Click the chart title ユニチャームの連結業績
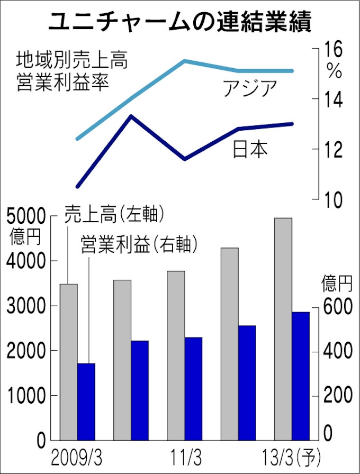(180, 22)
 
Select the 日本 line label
(250, 149)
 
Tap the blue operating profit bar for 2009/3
(86, 402)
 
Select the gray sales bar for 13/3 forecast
(283, 328)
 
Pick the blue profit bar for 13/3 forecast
(301, 376)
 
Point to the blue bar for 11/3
(194, 388)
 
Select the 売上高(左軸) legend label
(114, 215)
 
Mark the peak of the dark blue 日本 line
(131, 116)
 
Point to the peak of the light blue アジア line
(185, 61)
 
